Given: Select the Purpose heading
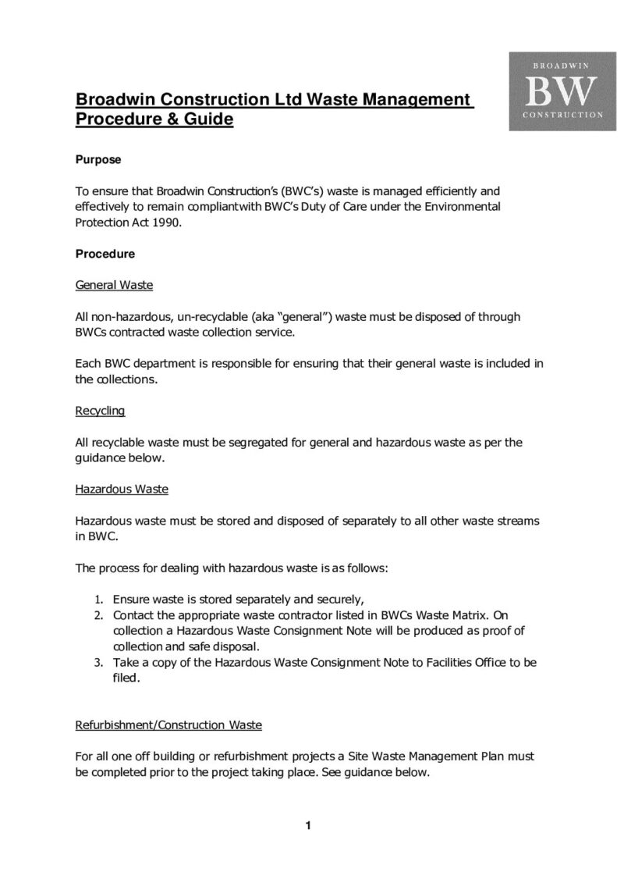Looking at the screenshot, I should [97, 160].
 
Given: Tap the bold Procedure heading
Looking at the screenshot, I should [105, 254].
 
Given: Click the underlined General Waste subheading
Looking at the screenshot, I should [114, 285].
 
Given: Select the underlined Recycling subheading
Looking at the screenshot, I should [100, 411].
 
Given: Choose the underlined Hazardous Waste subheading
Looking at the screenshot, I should [122, 490].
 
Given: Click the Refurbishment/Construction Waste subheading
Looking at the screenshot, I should [168, 725].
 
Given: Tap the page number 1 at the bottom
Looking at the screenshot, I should [309, 826].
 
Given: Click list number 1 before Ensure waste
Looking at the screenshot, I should [99, 600].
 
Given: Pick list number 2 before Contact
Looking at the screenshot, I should [99, 616].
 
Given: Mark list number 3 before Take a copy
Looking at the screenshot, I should [99, 663].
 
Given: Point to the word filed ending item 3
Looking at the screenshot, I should [126, 678].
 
